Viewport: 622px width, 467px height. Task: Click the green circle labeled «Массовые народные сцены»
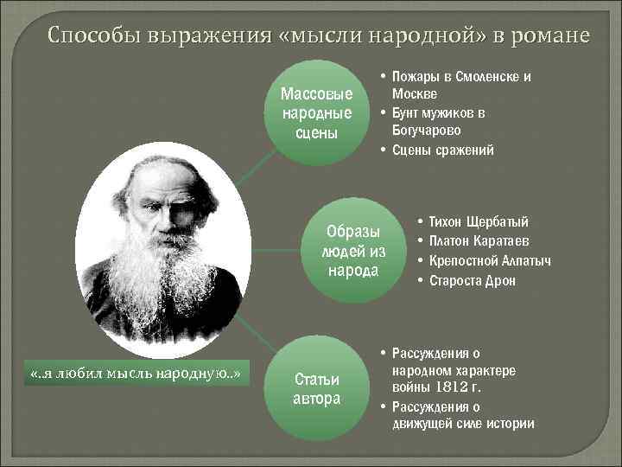point(317,112)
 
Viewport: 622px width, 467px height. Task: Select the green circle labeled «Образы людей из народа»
point(352,251)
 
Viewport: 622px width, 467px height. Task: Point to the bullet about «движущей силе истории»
point(462,415)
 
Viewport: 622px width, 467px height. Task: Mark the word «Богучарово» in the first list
point(426,131)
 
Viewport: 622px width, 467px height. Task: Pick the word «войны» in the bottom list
point(412,387)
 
